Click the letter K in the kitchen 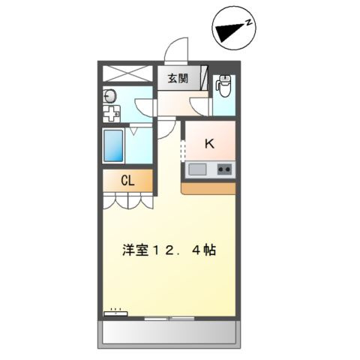click(x=209, y=144)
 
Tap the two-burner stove click(x=224, y=170)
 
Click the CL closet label click(x=127, y=181)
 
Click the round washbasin click(x=109, y=95)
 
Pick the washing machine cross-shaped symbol click(x=111, y=115)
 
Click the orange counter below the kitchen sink click(x=209, y=187)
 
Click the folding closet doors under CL click(x=127, y=200)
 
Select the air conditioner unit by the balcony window click(x=116, y=314)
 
